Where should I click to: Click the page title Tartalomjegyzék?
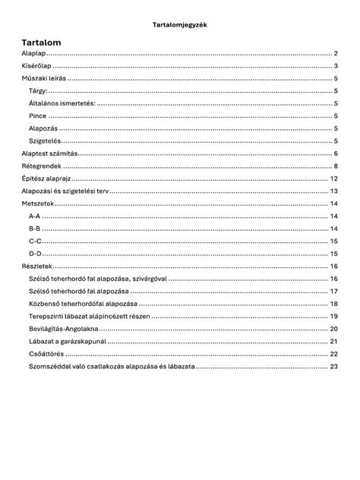[x=180, y=24]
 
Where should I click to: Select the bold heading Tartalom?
[x=42, y=43]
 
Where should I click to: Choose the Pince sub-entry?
[x=38, y=116]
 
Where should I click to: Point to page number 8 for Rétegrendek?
[x=335, y=166]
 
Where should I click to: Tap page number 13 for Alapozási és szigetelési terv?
[x=333, y=191]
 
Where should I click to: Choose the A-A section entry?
[x=34, y=216]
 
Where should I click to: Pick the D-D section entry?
[x=35, y=253]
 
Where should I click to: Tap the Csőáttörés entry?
[x=47, y=353]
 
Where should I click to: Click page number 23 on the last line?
[x=333, y=366]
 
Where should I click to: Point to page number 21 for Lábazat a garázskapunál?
[x=333, y=341]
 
